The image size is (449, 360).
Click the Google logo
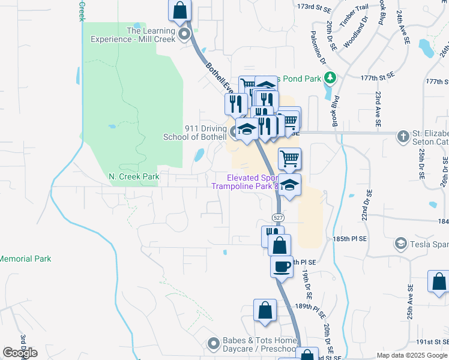point(20,353)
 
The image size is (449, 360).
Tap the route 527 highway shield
point(277,217)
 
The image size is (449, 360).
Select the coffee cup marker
point(282,266)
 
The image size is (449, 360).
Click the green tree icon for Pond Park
point(329,77)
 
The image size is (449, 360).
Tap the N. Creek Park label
point(134,176)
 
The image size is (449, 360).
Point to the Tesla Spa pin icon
point(400,243)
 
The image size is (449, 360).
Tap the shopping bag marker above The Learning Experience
point(179,10)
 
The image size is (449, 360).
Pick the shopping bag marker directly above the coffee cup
point(279,245)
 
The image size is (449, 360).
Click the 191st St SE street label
point(433,341)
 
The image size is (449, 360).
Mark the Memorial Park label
point(26,259)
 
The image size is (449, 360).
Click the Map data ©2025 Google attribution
point(412,355)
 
